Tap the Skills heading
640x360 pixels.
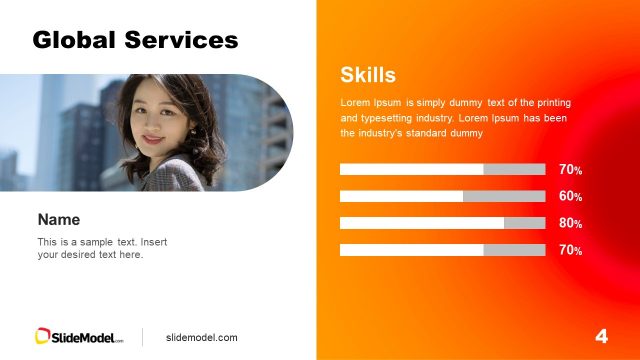368,74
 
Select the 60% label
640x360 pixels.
570,196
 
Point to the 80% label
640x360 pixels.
570,223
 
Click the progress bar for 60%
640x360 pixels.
442,196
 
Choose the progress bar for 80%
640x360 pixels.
442,223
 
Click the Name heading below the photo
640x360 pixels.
58,219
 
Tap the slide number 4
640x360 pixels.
601,336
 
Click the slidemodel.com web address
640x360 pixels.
201,338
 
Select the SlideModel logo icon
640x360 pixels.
43,337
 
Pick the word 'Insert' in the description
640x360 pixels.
156,242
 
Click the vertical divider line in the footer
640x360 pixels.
142,337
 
